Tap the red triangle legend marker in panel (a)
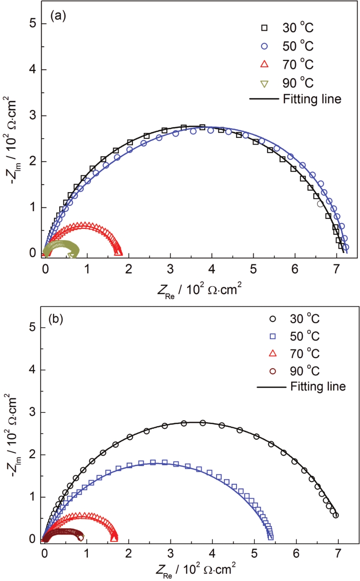(264, 64)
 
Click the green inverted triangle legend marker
(264, 82)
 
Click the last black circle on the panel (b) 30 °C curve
(336, 515)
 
